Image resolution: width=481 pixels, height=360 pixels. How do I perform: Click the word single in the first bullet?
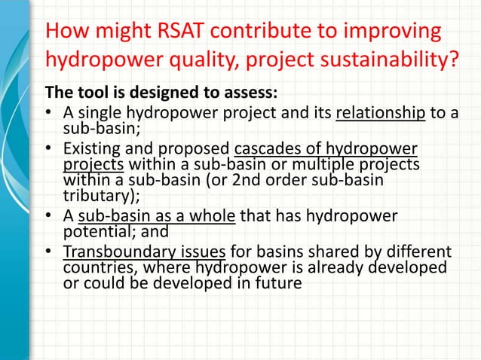tap(98, 114)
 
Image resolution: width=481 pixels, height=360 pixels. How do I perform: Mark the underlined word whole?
tap(215, 216)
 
